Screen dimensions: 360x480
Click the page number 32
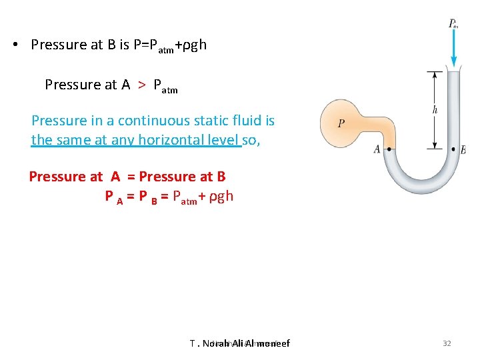coord(447,343)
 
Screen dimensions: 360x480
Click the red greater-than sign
coord(141,84)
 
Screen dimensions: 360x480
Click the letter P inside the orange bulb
coord(341,123)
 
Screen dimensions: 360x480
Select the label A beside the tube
coord(377,149)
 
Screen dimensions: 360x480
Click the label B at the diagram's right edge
coord(463,150)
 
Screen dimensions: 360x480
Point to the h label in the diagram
coord(435,110)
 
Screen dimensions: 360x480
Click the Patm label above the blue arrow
coord(453,24)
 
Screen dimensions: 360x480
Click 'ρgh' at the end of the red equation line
coord(221,196)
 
